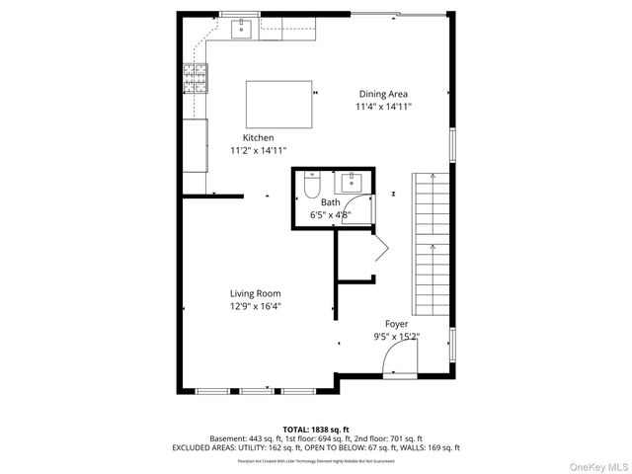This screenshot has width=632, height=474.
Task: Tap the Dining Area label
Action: [383, 94]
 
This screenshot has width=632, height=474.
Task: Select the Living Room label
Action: [256, 293]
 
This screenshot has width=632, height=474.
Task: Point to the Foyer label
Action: [396, 323]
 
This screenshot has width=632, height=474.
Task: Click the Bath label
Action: [330, 202]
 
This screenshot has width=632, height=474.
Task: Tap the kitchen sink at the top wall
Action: [242, 30]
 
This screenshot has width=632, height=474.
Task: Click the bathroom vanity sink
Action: [353, 182]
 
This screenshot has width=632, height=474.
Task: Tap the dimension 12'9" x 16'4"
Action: [256, 306]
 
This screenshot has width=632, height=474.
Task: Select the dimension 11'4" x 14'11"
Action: [383, 107]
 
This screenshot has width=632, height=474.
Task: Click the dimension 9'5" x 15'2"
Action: [396, 336]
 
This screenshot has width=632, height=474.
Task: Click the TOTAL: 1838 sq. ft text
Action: [316, 429]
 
